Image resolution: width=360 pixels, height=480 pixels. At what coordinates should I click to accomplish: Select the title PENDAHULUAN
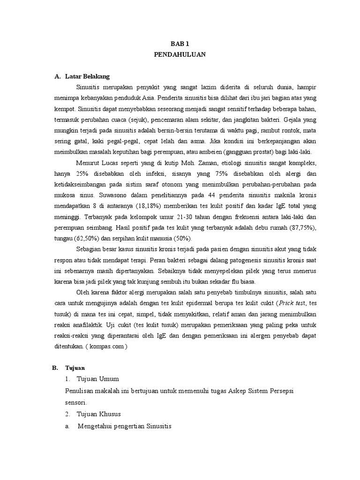(x=180, y=54)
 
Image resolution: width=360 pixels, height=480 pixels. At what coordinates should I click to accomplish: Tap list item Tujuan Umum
(x=98, y=378)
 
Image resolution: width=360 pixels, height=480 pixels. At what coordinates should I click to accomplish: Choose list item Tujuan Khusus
(x=100, y=414)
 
